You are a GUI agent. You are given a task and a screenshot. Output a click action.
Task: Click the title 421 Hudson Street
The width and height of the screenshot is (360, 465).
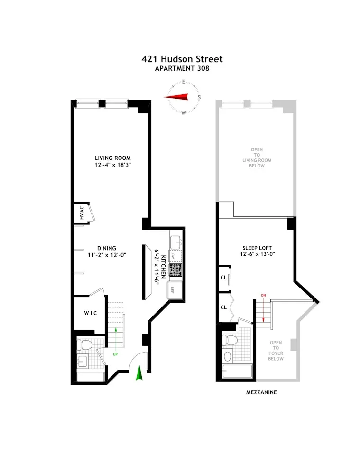[x=182, y=59]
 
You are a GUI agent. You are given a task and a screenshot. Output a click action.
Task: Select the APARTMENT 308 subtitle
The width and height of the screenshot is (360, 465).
[x=182, y=68]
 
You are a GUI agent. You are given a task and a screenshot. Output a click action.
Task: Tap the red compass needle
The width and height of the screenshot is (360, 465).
[x=176, y=97]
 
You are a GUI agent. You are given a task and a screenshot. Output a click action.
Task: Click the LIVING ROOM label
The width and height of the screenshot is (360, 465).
[x=112, y=158]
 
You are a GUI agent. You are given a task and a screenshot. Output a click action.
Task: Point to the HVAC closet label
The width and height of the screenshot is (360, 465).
[x=82, y=213]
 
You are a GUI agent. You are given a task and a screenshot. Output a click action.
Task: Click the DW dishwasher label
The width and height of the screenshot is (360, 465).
[x=174, y=257]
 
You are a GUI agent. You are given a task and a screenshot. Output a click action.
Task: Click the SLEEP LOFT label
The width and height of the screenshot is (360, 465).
[x=256, y=247]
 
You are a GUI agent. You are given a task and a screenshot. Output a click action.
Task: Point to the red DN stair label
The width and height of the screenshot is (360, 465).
[x=263, y=296]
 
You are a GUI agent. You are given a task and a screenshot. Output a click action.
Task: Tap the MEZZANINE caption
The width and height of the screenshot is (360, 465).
[x=261, y=392]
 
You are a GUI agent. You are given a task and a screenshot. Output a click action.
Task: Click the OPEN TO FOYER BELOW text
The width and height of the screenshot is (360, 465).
[x=276, y=350]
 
